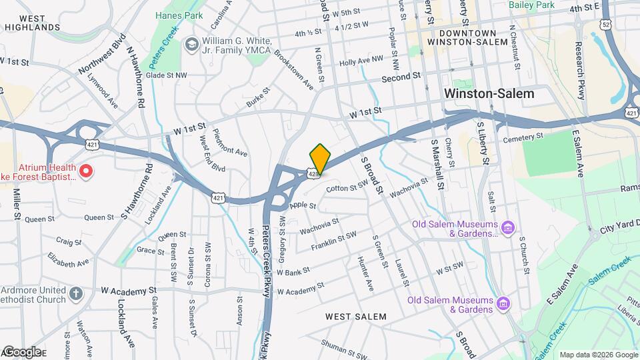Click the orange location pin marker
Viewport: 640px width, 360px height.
click(321, 159)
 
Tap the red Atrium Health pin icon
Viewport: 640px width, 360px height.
click(85, 171)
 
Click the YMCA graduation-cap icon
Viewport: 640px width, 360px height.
click(192, 44)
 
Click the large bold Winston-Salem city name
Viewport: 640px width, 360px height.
click(489, 94)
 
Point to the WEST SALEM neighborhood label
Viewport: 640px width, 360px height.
click(356, 316)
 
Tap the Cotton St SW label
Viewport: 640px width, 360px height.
click(346, 188)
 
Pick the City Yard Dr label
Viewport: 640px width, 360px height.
click(620, 229)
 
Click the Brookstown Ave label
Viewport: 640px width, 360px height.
click(294, 69)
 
